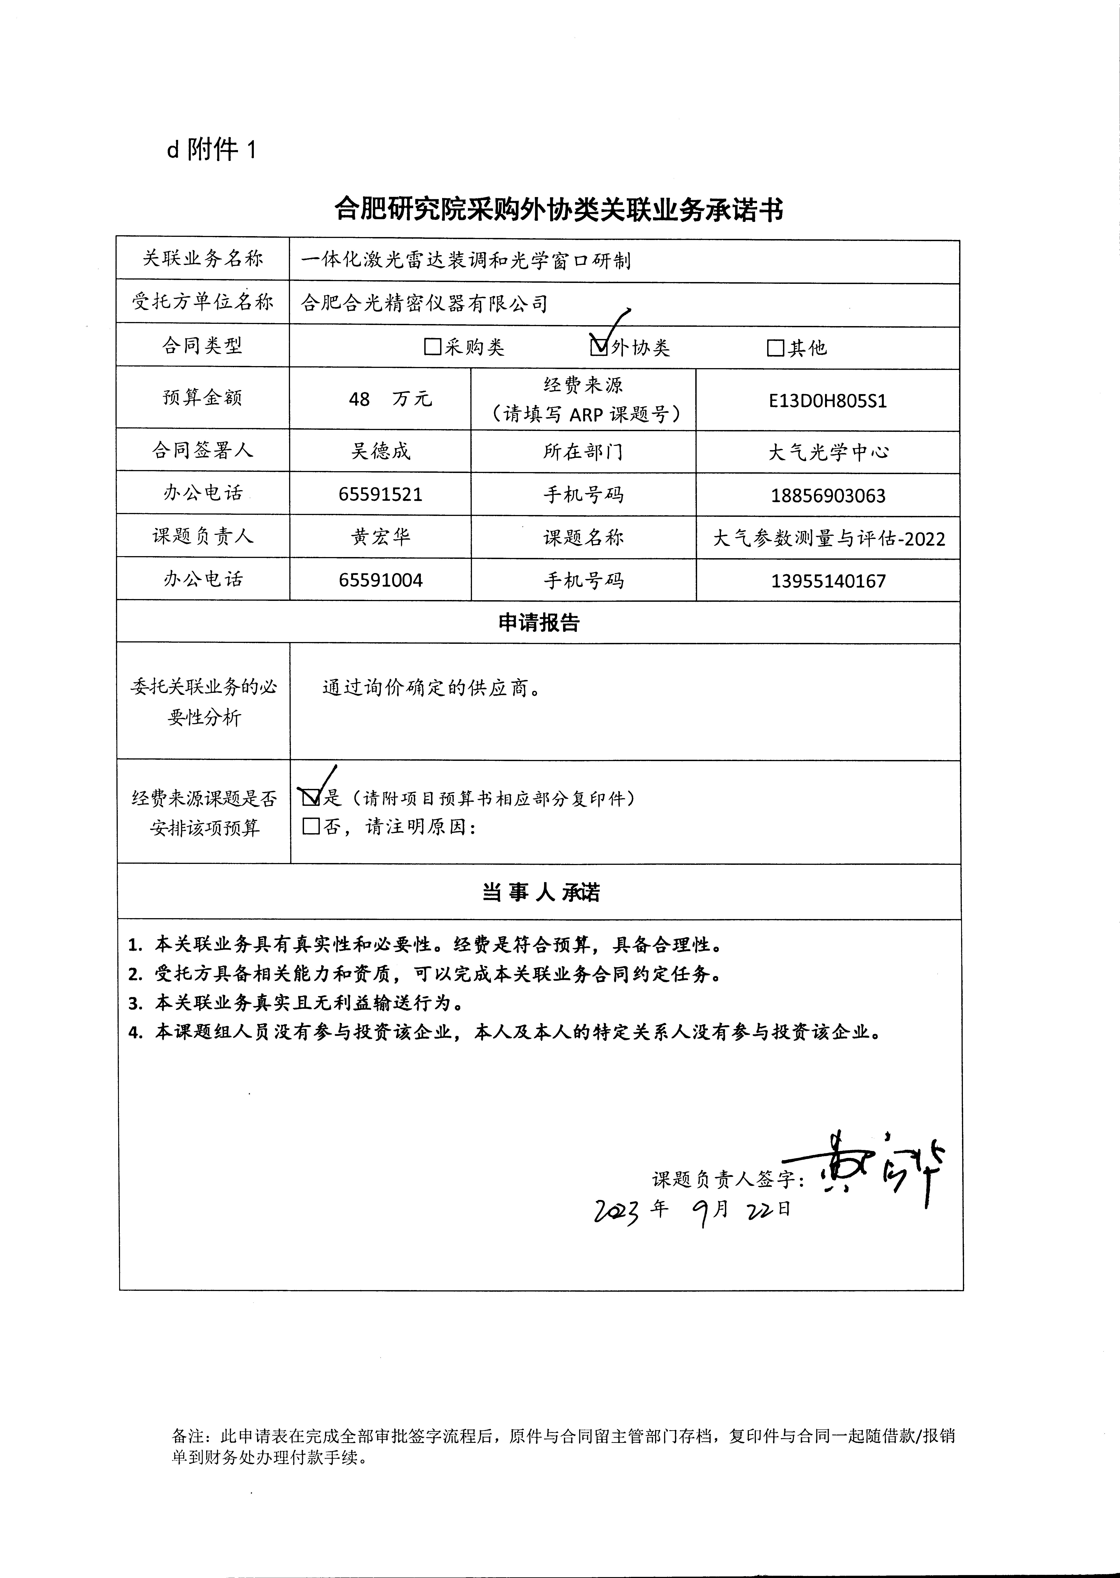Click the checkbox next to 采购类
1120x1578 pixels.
[432, 346]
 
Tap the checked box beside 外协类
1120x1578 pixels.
[599, 346]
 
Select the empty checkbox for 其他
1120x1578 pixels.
[775, 348]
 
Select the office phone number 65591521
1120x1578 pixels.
[381, 494]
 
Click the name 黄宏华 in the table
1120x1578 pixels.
[381, 537]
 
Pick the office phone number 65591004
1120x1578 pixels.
[381, 580]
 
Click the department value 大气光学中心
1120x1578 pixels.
[828, 452]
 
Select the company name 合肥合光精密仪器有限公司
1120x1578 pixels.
[424, 303]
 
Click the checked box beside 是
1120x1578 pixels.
[311, 798]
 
